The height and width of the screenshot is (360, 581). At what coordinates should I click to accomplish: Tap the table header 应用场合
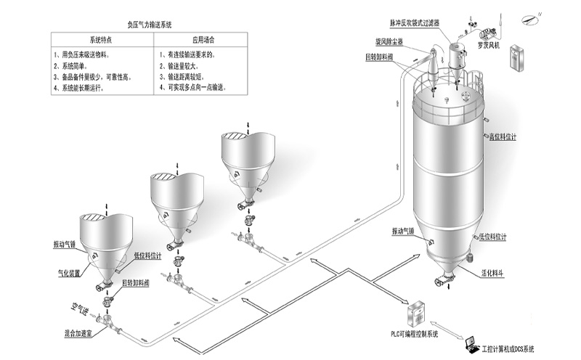[x=203, y=39]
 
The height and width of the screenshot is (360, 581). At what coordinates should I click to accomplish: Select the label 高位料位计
[x=502, y=137]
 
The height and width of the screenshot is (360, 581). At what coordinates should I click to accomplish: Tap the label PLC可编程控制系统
[x=411, y=335]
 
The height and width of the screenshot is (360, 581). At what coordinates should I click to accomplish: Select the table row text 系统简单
[x=75, y=65]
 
